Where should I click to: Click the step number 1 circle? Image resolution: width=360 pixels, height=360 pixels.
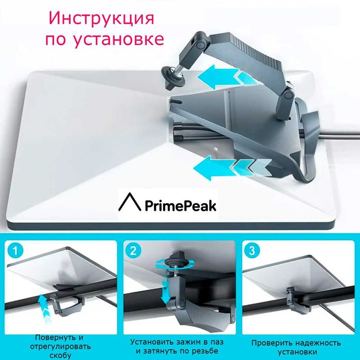coord(17,251)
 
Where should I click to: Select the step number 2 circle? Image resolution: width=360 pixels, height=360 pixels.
coord(134,251)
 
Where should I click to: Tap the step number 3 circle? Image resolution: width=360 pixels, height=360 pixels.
coord(251,251)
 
